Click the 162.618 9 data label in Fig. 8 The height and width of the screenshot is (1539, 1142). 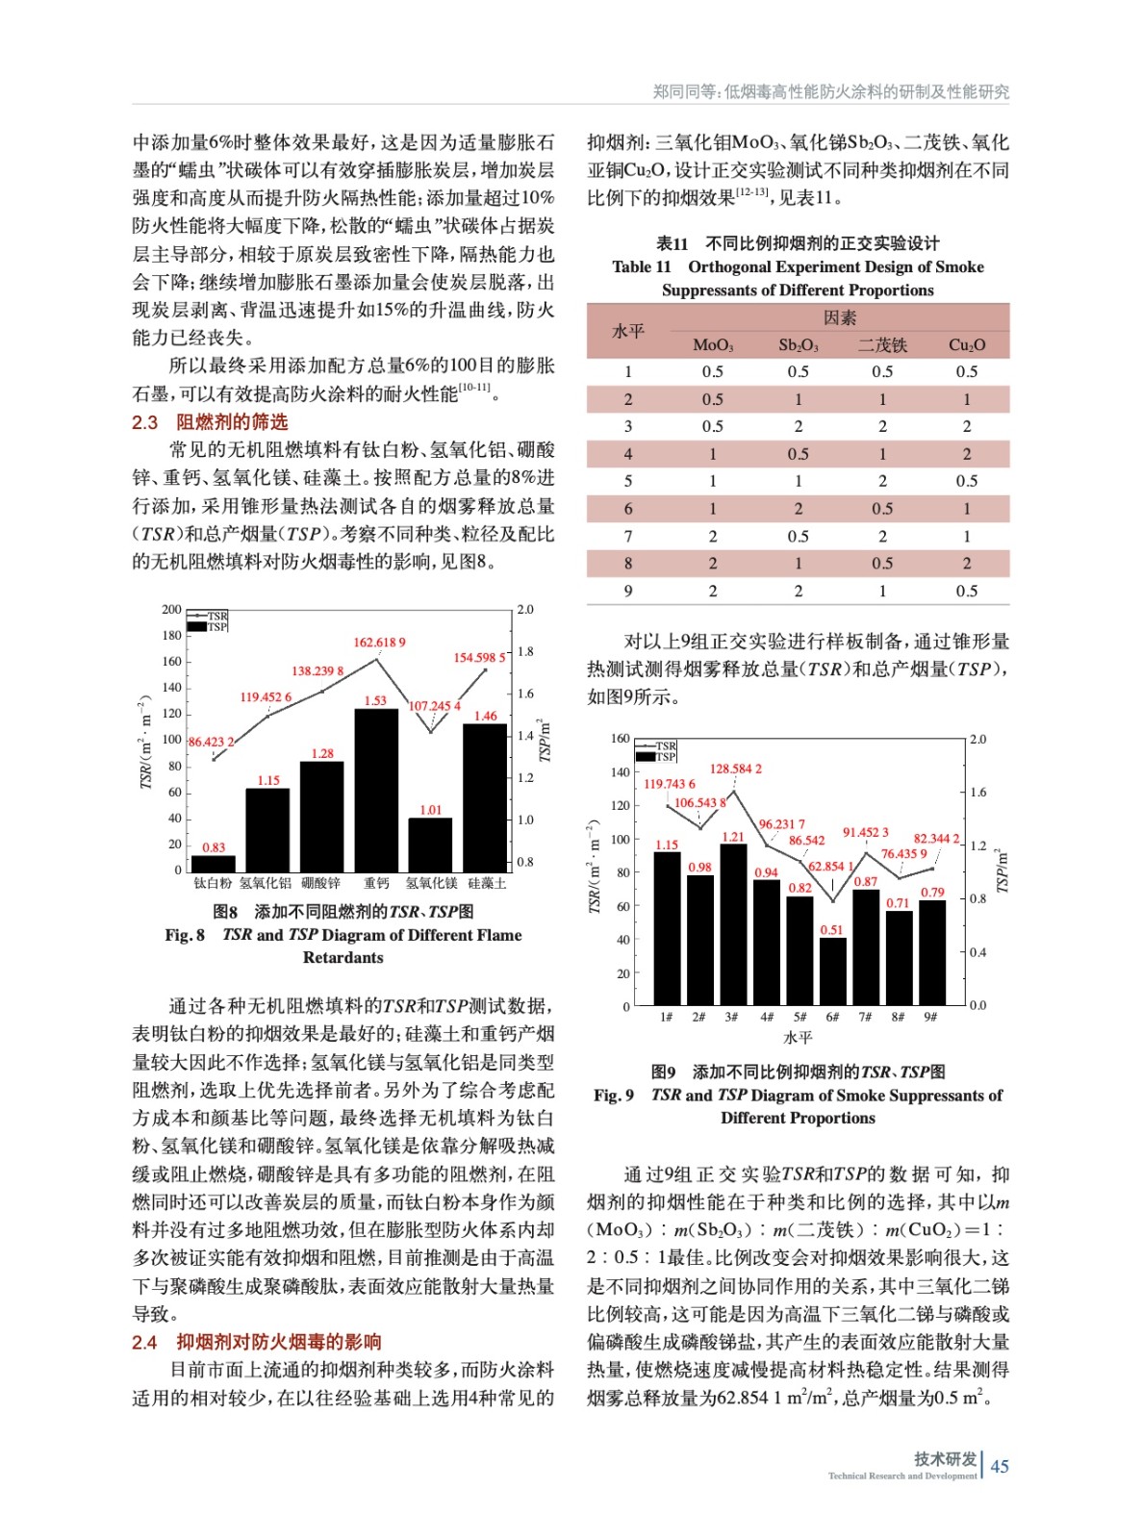point(379,642)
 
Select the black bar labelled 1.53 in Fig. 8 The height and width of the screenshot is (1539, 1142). point(376,789)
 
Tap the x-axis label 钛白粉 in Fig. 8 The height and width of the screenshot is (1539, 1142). point(213,883)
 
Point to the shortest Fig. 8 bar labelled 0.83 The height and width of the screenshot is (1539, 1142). point(213,863)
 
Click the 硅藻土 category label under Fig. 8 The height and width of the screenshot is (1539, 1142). point(487,883)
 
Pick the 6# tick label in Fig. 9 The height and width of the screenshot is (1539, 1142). point(832,1017)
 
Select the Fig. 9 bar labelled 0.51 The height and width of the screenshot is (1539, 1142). point(832,971)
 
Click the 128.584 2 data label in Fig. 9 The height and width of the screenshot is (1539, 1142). point(735,769)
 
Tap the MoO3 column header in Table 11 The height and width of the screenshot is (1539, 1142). point(712,345)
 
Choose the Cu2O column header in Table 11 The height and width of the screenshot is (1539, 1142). point(966,345)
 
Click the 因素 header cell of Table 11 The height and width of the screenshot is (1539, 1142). point(839,317)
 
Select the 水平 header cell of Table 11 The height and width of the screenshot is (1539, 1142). point(627,331)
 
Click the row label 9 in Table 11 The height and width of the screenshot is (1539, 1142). point(627,591)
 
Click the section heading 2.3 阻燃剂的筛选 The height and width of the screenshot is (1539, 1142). point(210,422)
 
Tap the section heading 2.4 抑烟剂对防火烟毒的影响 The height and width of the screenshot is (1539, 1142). point(257,1342)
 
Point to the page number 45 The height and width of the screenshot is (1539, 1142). point(1000,1466)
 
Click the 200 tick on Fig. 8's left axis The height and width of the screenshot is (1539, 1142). point(171,609)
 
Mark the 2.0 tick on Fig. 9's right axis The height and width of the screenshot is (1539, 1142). point(977,740)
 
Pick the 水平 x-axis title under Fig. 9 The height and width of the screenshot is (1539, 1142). point(798,1037)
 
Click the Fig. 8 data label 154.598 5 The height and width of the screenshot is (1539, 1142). point(479,658)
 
